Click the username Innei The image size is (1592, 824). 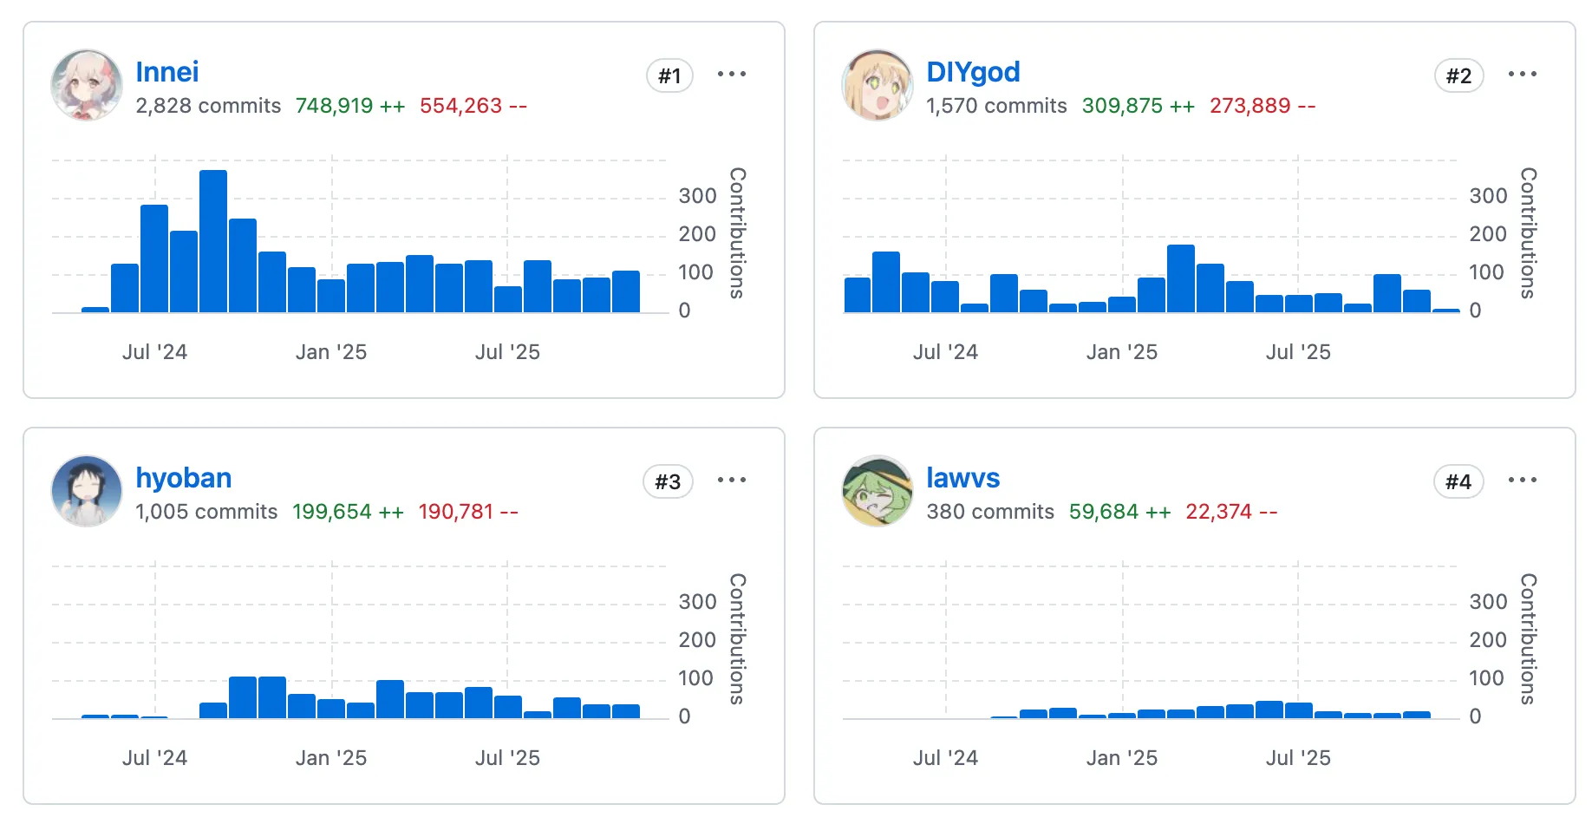pyautogui.click(x=166, y=72)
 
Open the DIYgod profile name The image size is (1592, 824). pyautogui.click(x=972, y=72)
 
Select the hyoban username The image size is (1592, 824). pyautogui.click(x=183, y=478)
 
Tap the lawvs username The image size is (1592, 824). pyautogui.click(x=962, y=478)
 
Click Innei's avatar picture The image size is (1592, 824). pyautogui.click(x=87, y=85)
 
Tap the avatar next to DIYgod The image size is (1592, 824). pyautogui.click(x=877, y=85)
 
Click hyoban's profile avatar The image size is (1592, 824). pyautogui.click(x=87, y=491)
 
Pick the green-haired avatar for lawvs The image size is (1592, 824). pyautogui.click(x=877, y=491)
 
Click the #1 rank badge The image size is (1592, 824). pyautogui.click(x=669, y=75)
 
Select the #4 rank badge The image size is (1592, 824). pyautogui.click(x=1458, y=481)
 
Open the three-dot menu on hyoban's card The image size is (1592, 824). pyautogui.click(x=731, y=480)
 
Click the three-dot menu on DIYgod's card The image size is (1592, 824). pyautogui.click(x=1522, y=74)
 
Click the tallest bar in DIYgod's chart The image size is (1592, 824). pyautogui.click(x=1180, y=278)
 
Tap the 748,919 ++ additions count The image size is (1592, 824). pyautogui.click(x=349, y=106)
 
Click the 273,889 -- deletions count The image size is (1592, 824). pyautogui.click(x=1262, y=106)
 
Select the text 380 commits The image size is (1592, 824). pyautogui.click(x=989, y=512)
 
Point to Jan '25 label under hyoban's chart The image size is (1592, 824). pyautogui.click(x=330, y=758)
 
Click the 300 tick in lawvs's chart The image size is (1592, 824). pyautogui.click(x=1487, y=602)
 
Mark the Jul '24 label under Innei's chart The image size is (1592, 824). pyautogui.click(x=154, y=352)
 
